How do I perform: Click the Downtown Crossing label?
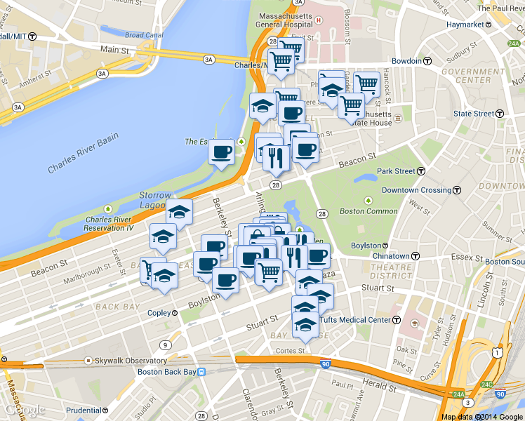[416, 190]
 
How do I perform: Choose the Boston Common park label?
[368, 211]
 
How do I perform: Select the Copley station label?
[158, 312]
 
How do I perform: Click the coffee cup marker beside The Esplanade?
[222, 151]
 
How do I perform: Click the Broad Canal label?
[144, 35]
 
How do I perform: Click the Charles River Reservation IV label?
[108, 223]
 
